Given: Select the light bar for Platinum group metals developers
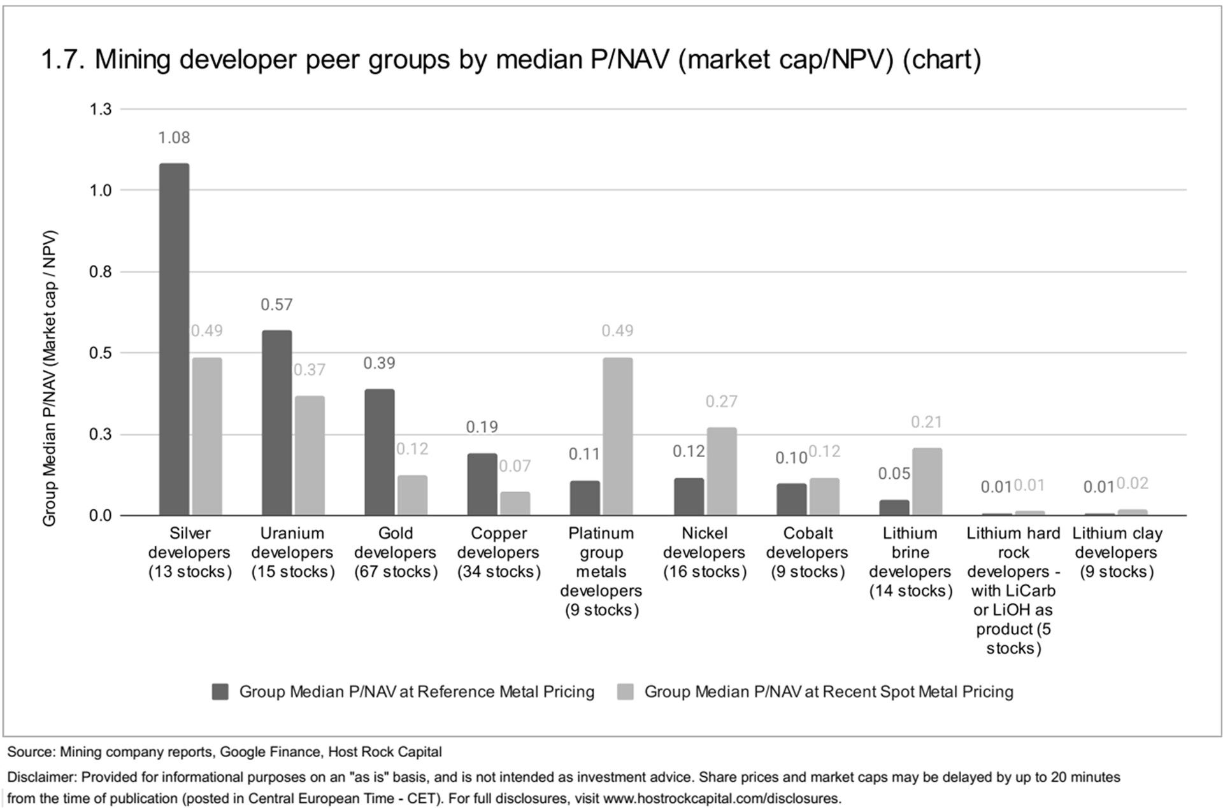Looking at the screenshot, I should (x=617, y=436).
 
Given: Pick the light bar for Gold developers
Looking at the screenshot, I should (x=412, y=495).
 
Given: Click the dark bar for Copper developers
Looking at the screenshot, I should (x=482, y=484).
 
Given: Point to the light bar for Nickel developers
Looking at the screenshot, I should (x=721, y=471).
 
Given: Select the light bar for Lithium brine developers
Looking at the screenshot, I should (x=926, y=481).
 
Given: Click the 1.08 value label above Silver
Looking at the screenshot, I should (x=174, y=138).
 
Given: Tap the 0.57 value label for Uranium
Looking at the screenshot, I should (x=276, y=304).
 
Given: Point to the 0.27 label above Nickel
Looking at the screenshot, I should (x=721, y=401).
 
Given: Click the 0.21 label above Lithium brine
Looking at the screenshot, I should (x=926, y=422).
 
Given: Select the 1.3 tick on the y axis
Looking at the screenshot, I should (x=100, y=110).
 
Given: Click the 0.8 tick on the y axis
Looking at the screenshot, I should (x=100, y=272).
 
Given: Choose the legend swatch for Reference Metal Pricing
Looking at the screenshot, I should (x=220, y=692).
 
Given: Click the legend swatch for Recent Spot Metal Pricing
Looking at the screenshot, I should (x=626, y=692).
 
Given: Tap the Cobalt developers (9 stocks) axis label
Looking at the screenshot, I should (x=807, y=552).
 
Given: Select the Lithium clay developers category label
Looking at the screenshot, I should (x=1117, y=552).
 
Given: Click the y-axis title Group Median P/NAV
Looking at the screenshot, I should (x=50, y=378).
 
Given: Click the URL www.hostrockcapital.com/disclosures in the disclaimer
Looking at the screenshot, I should (x=720, y=798).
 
